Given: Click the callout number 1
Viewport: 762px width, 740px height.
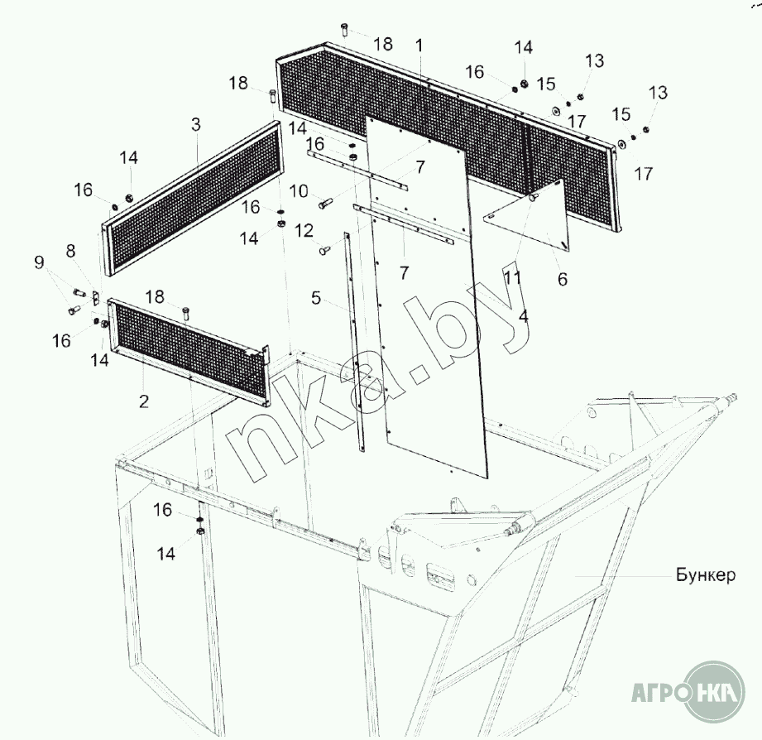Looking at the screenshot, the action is click(x=419, y=46).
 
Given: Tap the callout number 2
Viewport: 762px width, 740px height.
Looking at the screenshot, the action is click(x=143, y=401).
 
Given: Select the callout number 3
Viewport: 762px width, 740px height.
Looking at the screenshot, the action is click(x=195, y=124).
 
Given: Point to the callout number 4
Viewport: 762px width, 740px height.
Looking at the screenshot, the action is click(x=523, y=316).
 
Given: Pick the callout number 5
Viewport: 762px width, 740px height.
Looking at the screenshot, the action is click(x=316, y=298).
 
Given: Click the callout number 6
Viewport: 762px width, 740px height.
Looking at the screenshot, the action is click(x=563, y=279).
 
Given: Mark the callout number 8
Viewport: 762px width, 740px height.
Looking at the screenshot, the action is click(x=71, y=251).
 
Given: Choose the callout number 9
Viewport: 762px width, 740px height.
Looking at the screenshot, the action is click(x=39, y=262).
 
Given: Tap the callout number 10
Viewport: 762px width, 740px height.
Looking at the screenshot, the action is click(x=299, y=191).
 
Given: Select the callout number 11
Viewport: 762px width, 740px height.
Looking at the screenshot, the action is click(x=513, y=277).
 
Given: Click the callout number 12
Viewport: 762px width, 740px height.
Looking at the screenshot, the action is click(x=304, y=230).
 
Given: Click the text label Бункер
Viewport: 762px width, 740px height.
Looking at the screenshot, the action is click(x=706, y=575).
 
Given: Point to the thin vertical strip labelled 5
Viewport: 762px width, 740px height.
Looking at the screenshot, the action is click(x=354, y=342).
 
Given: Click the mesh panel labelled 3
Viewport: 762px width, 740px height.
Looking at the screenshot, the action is click(x=192, y=199).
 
